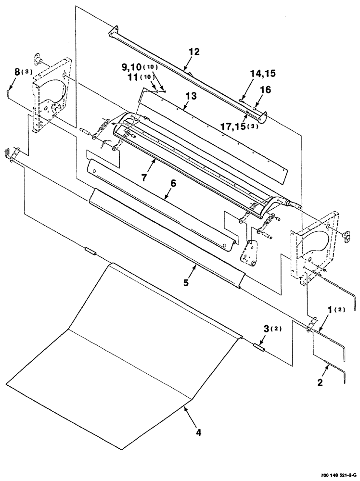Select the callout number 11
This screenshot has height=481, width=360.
130,77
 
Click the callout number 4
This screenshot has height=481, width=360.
198,432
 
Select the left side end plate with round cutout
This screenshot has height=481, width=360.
51,94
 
